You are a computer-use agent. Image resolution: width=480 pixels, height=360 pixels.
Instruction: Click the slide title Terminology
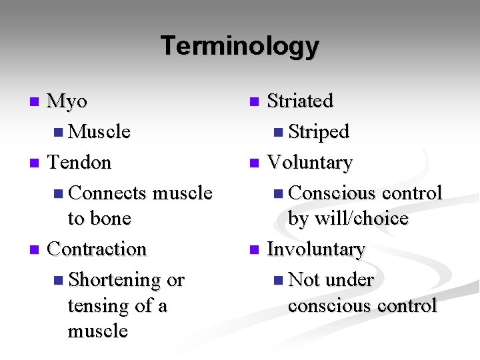[240, 46]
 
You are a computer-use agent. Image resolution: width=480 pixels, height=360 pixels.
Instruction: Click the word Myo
[67, 101]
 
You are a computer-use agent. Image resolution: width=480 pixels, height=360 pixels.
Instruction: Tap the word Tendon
[79, 162]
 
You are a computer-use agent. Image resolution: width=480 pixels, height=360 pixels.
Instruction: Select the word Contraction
[97, 249]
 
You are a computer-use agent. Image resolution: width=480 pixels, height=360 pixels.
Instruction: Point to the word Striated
[299, 101]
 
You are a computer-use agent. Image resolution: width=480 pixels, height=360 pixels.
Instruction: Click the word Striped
[319, 132]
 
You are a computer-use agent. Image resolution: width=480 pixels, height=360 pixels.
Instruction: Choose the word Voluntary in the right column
[309, 162]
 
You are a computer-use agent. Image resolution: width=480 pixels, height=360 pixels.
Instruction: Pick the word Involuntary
[316, 249]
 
